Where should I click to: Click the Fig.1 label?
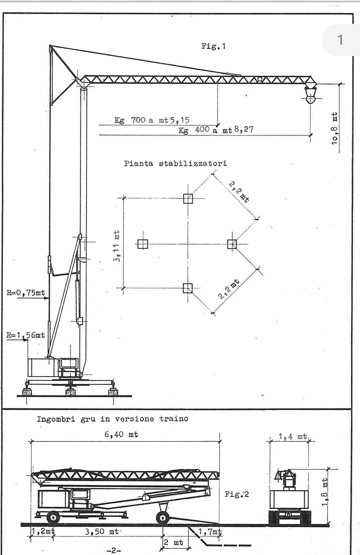point(213,46)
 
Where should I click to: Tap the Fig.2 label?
point(237,495)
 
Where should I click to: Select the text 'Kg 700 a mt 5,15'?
point(152,120)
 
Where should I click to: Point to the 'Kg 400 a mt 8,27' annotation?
point(216,130)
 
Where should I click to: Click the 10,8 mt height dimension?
point(334,128)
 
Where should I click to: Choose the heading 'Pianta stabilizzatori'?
point(175,164)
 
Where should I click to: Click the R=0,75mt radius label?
point(26,293)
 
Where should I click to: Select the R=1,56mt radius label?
point(26,335)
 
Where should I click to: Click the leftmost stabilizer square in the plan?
point(143,244)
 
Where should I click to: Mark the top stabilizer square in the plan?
point(188,198)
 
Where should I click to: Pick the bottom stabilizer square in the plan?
point(188,288)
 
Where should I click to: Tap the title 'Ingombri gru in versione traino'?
point(112,419)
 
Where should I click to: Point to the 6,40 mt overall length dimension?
point(121,434)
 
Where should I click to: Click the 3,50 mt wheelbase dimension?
point(102,532)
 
